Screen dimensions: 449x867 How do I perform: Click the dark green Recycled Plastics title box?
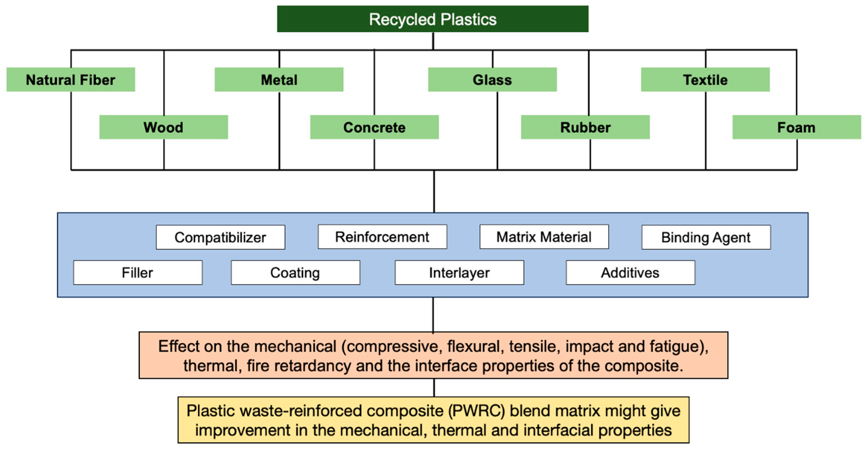tap(432, 19)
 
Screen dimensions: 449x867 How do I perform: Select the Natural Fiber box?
tap(71, 80)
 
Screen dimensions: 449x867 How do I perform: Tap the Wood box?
tap(163, 127)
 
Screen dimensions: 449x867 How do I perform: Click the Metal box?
tap(279, 80)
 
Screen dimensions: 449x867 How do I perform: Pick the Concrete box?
tap(374, 127)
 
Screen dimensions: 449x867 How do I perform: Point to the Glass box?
tap(492, 80)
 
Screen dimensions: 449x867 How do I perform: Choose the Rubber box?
tap(585, 127)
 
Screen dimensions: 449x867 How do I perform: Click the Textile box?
tap(705, 80)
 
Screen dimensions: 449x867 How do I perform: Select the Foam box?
tap(796, 127)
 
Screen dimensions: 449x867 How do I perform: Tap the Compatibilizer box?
tap(220, 237)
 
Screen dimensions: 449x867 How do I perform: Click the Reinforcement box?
tap(382, 237)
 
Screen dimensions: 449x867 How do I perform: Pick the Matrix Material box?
tap(544, 237)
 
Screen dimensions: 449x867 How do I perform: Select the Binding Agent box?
tap(706, 237)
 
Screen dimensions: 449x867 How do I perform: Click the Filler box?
tap(138, 272)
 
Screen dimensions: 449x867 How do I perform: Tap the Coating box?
tap(295, 272)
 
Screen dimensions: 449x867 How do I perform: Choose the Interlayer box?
tap(459, 272)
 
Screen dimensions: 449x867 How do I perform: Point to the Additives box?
tap(630, 272)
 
